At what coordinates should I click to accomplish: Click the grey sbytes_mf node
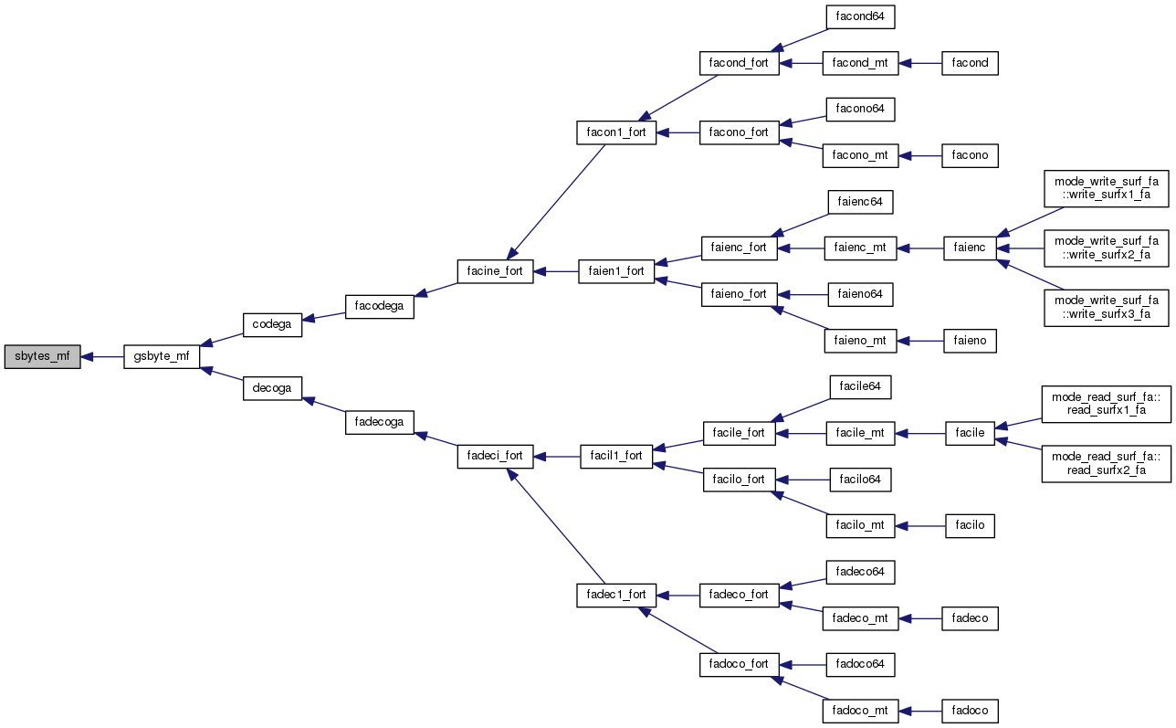42,357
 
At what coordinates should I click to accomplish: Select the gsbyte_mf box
161,357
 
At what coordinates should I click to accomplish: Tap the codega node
271,325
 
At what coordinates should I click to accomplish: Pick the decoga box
271,388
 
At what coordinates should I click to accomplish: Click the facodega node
379,306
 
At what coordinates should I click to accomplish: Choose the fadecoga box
380,421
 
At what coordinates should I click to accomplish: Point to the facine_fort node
495,271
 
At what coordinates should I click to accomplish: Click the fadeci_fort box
495,455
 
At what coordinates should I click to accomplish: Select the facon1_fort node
616,132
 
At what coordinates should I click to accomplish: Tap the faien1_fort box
616,271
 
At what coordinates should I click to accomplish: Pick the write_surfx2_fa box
1107,247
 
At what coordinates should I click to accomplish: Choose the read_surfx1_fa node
1107,404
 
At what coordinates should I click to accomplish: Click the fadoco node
971,710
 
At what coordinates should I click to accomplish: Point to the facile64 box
860,386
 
